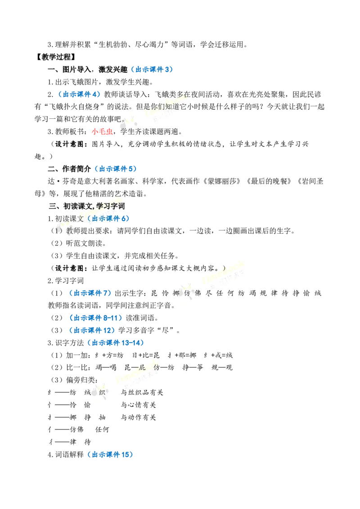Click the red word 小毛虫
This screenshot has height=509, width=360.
pos(102,131)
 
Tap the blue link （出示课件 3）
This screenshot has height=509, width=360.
pos(151,69)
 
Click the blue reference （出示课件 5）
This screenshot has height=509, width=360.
pos(115,169)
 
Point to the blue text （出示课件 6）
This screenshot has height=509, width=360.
pos(108,219)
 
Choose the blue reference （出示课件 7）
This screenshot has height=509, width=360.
pos(90,293)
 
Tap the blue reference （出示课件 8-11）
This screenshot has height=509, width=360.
pos(95,318)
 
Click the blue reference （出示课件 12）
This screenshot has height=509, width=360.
pos(91,330)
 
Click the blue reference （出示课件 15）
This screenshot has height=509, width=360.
pos(109,455)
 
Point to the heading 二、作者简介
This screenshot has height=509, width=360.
pos(70,169)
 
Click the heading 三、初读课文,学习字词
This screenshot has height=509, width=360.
pos(87,206)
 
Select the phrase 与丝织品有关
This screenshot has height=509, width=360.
pos(142,393)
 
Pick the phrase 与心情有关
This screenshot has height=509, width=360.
pos(139,405)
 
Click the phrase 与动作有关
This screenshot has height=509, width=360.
pos(139,417)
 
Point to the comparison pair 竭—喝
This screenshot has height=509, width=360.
pos(106,367)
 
